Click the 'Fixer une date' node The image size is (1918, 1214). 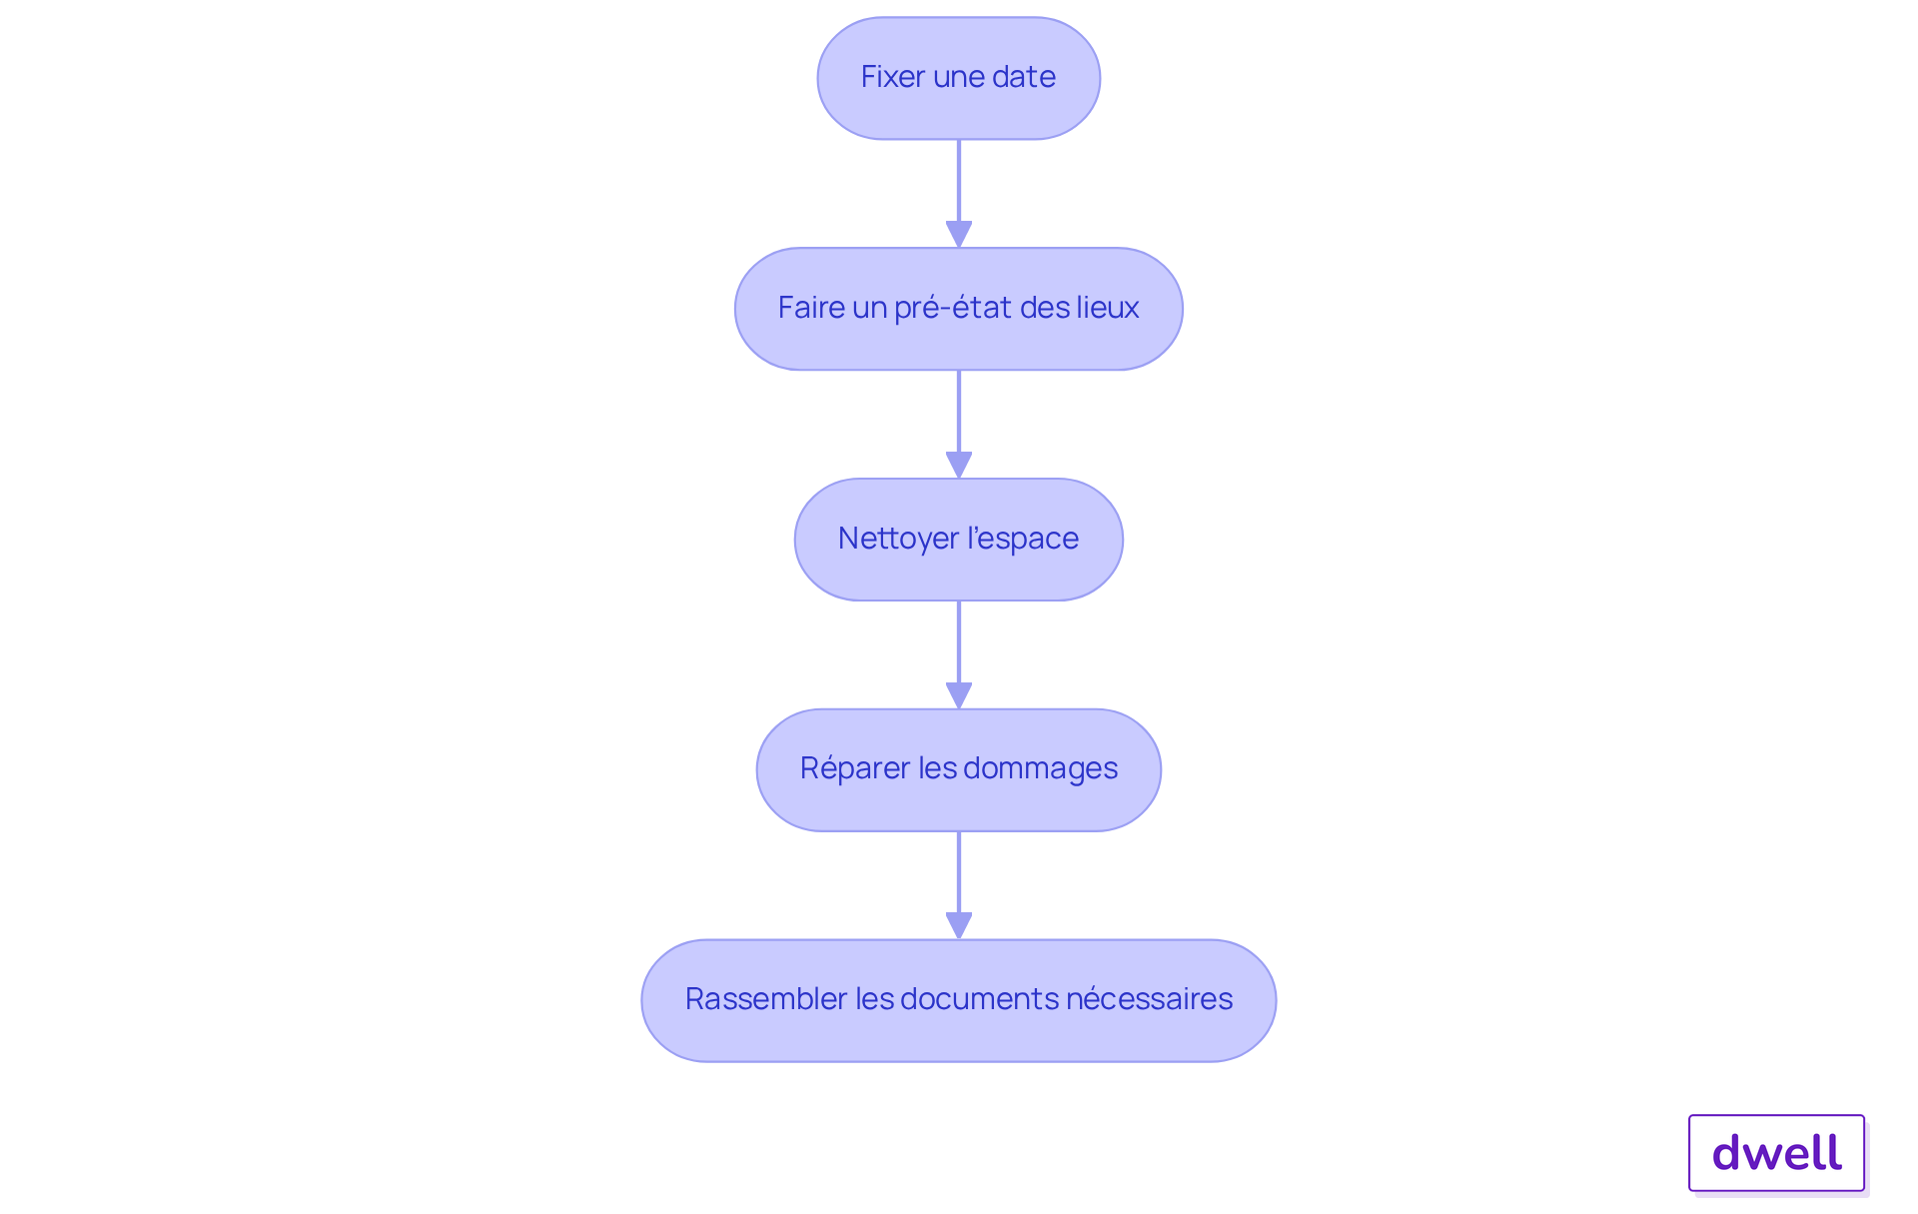pos(959,78)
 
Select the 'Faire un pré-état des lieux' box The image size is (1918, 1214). pos(959,309)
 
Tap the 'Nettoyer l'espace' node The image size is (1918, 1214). pos(959,540)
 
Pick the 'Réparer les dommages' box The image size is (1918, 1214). pos(959,770)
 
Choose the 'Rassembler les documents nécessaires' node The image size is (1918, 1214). pos(959,1000)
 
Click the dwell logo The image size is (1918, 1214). pos(1777,1153)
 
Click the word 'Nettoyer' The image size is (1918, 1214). pos(899,540)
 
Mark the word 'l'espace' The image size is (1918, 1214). pos(1023,540)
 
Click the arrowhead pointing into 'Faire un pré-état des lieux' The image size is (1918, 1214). pos(959,235)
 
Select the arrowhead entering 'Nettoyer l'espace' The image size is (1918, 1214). pos(959,466)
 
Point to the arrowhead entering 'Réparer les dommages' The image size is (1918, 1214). pos(959,696)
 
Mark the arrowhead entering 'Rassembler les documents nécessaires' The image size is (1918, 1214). pos(959,926)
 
